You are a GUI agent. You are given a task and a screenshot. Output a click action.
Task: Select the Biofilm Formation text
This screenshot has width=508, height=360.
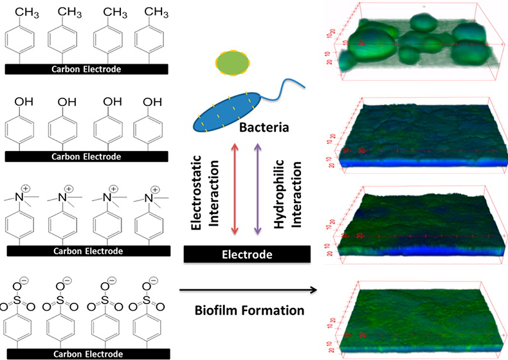pos(249,310)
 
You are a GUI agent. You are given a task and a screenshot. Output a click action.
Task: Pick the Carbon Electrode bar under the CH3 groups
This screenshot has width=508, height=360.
pos(86,68)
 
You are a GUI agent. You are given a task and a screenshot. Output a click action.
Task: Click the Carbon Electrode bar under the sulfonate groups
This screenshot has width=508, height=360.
pos(86,353)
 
